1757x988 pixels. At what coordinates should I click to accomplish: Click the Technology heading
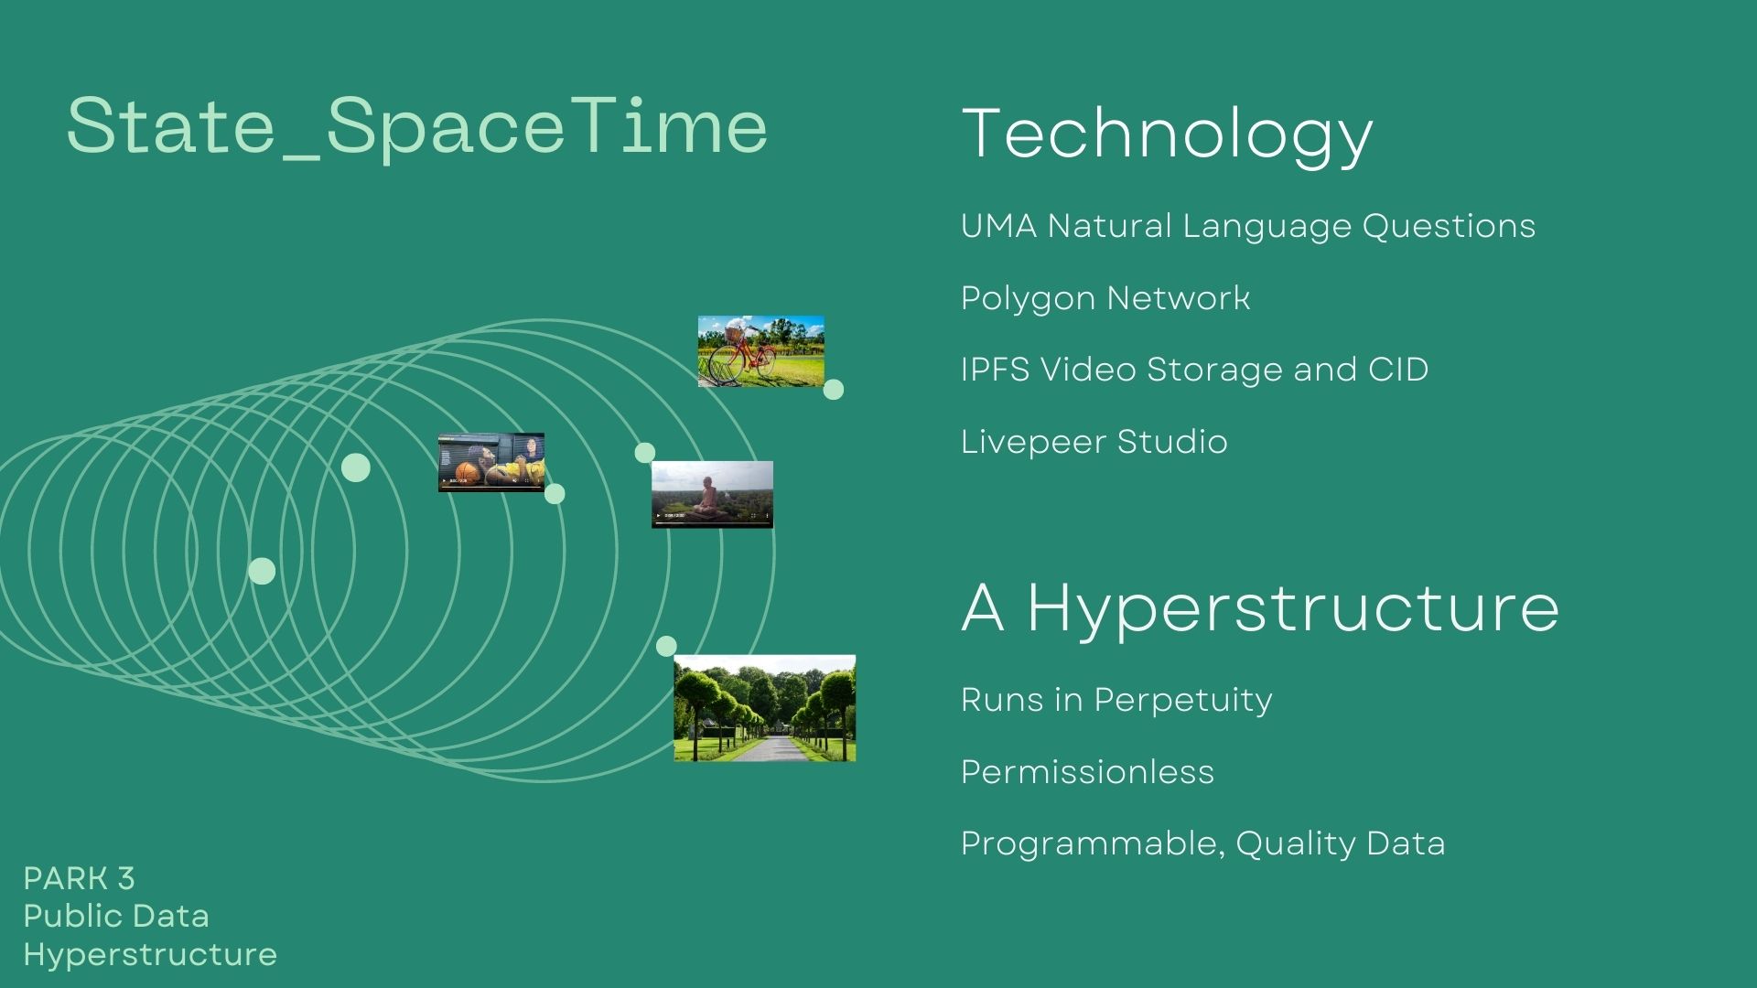pyautogui.click(x=1167, y=134)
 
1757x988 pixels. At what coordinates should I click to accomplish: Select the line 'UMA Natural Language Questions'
pyautogui.click(x=1247, y=226)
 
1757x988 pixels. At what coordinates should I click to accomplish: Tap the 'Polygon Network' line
pyautogui.click(x=1105, y=298)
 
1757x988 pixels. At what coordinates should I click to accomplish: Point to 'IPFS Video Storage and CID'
pyautogui.click(x=1194, y=370)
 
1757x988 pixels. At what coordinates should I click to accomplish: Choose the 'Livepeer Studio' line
pyautogui.click(x=1094, y=442)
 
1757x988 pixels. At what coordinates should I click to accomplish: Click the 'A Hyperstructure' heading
pyautogui.click(x=1260, y=607)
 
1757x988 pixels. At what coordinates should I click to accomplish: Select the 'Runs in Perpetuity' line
pyautogui.click(x=1116, y=700)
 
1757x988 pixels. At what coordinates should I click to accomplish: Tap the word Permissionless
pyautogui.click(x=1087, y=772)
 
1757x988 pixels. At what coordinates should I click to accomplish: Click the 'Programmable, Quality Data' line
pyautogui.click(x=1202, y=843)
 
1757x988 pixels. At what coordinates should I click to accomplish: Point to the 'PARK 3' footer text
pyautogui.click(x=79, y=879)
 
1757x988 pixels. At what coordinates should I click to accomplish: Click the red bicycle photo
pyautogui.click(x=760, y=351)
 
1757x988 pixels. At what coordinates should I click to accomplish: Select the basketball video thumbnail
pyautogui.click(x=491, y=462)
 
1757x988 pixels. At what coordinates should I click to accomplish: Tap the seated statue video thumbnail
pyautogui.click(x=712, y=494)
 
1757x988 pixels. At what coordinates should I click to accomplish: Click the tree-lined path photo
pyautogui.click(x=764, y=708)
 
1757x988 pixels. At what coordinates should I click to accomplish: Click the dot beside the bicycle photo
pyautogui.click(x=834, y=390)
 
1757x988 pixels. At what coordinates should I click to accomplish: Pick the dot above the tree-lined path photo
pyautogui.click(x=666, y=646)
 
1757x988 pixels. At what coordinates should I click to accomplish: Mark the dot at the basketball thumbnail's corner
pyautogui.click(x=555, y=494)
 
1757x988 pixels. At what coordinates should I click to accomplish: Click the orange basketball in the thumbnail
pyautogui.click(x=468, y=472)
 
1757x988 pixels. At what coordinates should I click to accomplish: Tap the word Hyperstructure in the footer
pyautogui.click(x=150, y=954)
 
